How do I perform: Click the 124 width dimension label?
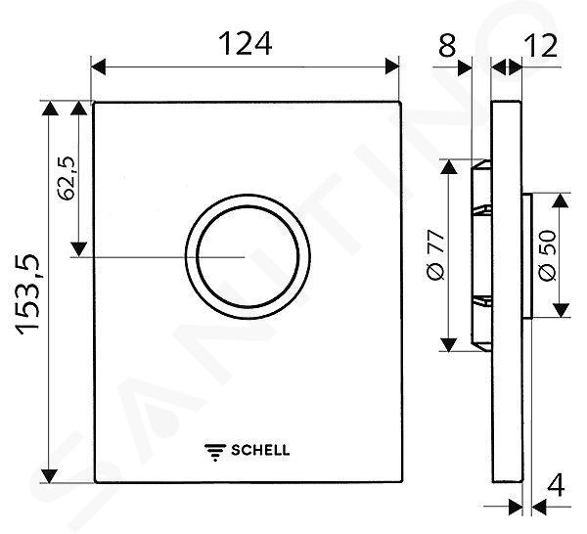[x=245, y=43]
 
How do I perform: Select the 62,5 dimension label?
[x=68, y=179]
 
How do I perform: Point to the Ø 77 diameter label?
[x=435, y=255]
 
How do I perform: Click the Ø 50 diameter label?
[x=548, y=255]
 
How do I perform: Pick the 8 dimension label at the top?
[x=448, y=45]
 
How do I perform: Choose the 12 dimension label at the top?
[x=541, y=45]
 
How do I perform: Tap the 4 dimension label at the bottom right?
[x=556, y=485]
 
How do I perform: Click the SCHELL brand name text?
[x=260, y=450]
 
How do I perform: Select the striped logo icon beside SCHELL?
[x=215, y=452]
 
